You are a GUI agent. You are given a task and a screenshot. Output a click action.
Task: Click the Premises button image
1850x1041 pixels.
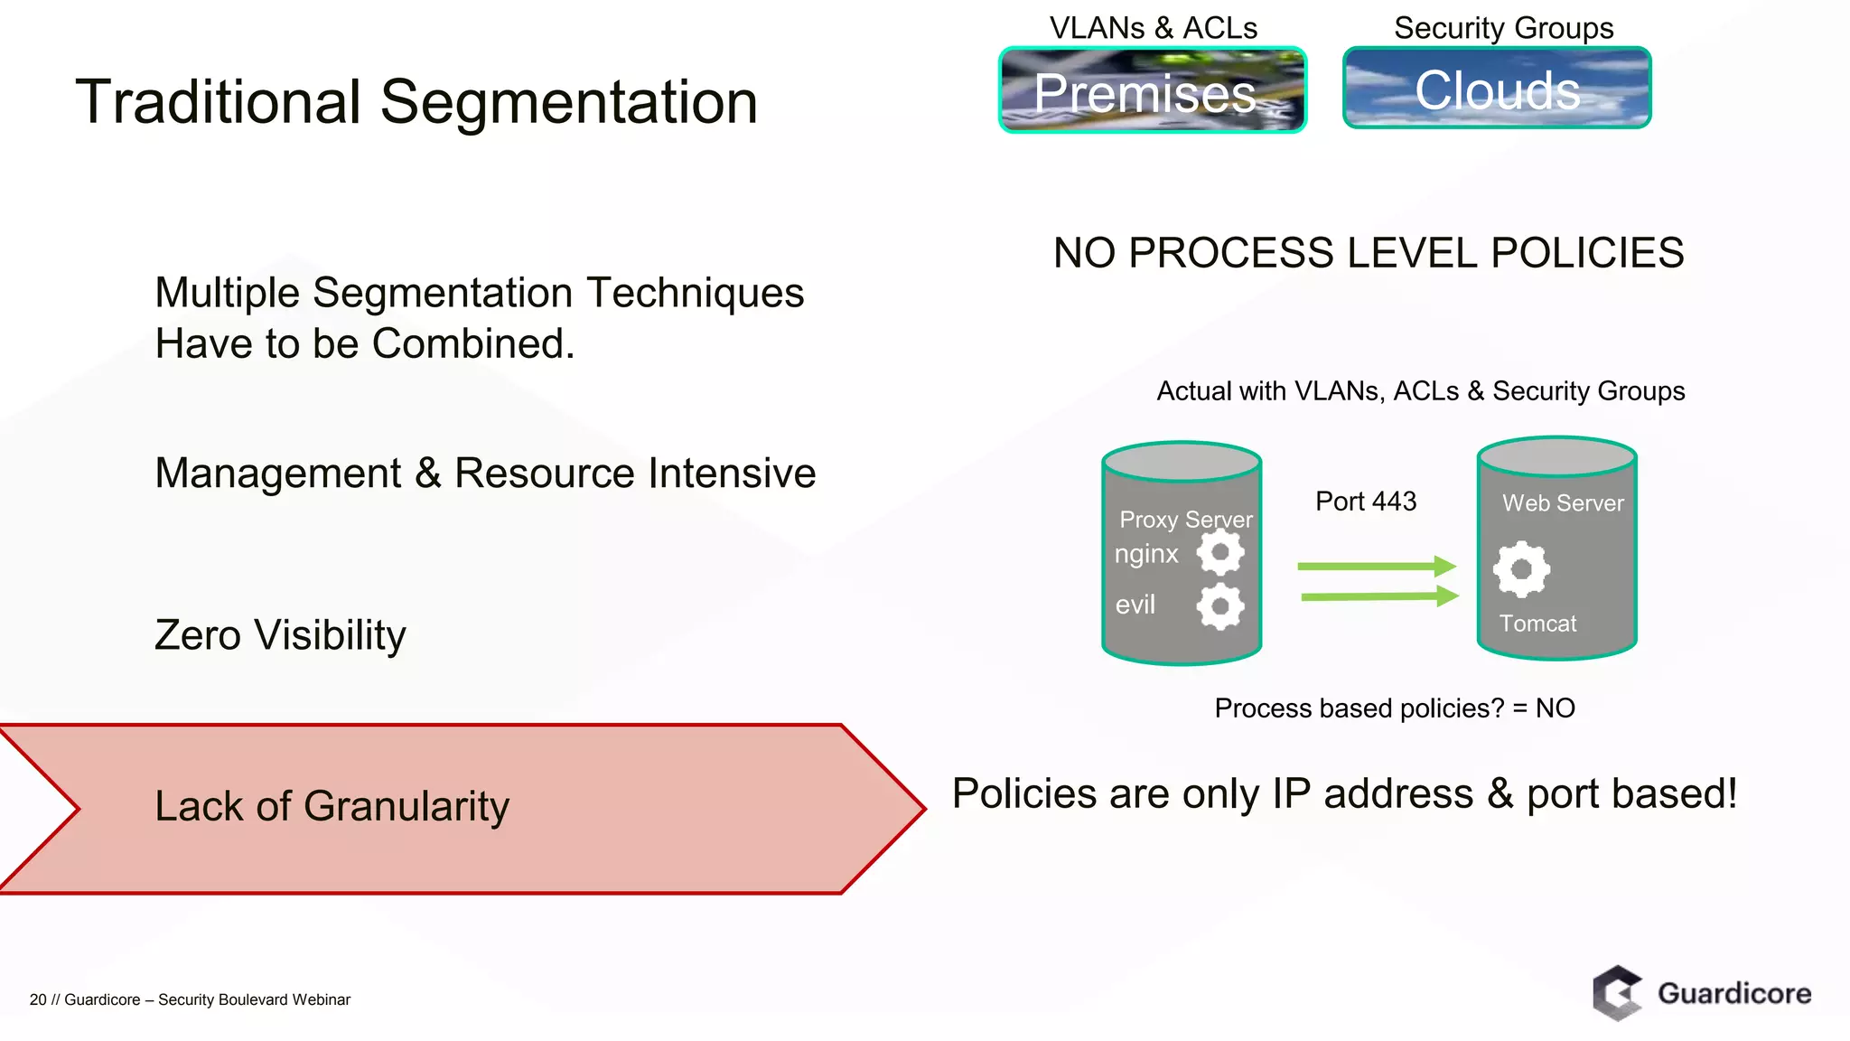pyautogui.click(x=1152, y=90)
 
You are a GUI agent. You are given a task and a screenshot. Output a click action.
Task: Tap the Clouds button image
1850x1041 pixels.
pyautogui.click(x=1497, y=89)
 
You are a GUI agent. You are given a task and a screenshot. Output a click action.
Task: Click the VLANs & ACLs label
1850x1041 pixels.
pyautogui.click(x=1153, y=28)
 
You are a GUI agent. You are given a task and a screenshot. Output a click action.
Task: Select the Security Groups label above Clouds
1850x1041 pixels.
pyautogui.click(x=1503, y=28)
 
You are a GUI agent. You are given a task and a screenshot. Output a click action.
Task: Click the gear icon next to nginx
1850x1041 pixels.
pyautogui.click(x=1220, y=552)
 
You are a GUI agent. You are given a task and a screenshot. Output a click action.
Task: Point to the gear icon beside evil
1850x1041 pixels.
pyautogui.click(x=1220, y=605)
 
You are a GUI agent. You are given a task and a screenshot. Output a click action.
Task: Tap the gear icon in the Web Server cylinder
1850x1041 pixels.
pyautogui.click(x=1521, y=569)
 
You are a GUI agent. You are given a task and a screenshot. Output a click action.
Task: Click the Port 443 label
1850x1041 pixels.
pyautogui.click(x=1365, y=502)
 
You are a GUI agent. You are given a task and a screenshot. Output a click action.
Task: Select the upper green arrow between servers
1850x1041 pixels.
pyautogui.click(x=1377, y=567)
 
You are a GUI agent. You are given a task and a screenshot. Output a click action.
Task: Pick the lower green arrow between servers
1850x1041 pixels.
pyautogui.click(x=1378, y=596)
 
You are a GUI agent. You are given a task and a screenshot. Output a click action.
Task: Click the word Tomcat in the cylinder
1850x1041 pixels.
pyautogui.click(x=1537, y=624)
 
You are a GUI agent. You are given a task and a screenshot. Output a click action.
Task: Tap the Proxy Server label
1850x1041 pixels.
pyautogui.click(x=1185, y=520)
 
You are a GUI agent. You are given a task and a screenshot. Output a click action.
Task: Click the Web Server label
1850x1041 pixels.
pyautogui.click(x=1563, y=503)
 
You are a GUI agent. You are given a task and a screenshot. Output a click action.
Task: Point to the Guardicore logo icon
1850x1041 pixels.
pyautogui.click(x=1617, y=993)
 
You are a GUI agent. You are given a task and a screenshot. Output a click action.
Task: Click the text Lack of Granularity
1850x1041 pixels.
pyautogui.click(x=332, y=806)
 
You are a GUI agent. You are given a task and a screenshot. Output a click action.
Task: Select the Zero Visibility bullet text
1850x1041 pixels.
pyautogui.click(x=280, y=635)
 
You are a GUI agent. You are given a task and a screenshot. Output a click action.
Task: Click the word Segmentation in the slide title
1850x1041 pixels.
pyautogui.click(x=568, y=102)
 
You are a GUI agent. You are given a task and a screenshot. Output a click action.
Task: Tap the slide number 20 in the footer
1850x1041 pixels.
pyautogui.click(x=38, y=999)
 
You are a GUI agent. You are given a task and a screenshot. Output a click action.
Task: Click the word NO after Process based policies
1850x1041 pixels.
pyautogui.click(x=1555, y=708)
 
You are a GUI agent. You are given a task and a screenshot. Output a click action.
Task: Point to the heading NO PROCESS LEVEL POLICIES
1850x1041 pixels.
pyautogui.click(x=1368, y=253)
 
